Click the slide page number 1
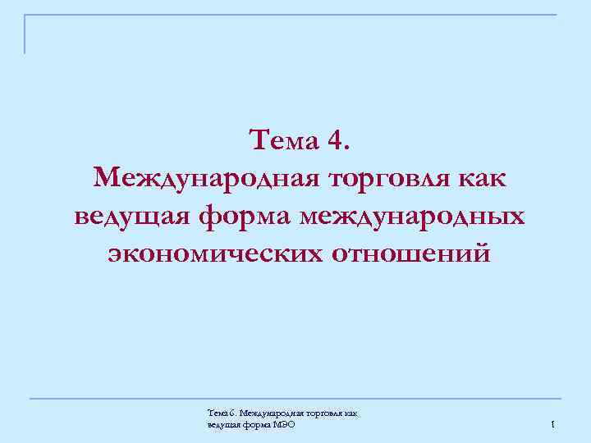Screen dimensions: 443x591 554,424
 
